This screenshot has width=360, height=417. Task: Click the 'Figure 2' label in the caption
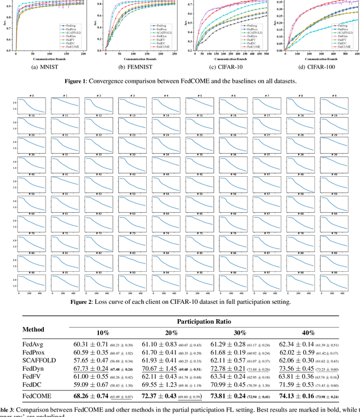pos(87,302)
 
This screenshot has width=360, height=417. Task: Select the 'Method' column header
pos(36,329)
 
